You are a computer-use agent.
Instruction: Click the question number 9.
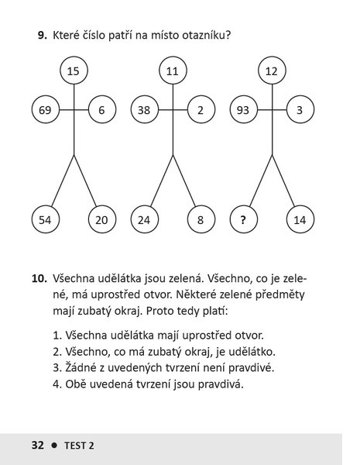[x=42, y=36]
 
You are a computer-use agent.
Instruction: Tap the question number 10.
[x=39, y=278]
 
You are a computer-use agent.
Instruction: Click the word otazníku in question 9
[x=206, y=36]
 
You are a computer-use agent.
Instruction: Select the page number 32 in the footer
[x=38, y=446]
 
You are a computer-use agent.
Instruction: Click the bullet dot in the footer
[x=54, y=446]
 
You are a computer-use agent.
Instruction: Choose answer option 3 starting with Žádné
[x=163, y=367]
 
